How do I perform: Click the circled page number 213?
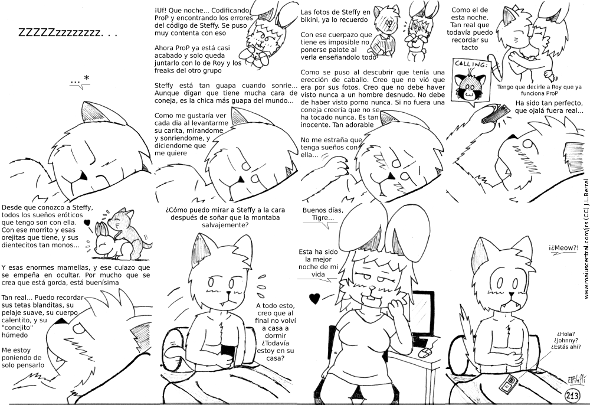click(572, 396)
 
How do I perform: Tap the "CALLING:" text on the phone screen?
click(471, 64)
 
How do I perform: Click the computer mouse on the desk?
click(425, 352)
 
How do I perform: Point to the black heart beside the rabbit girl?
click(314, 299)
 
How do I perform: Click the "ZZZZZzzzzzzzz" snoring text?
click(68, 33)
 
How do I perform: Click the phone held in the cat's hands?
click(228, 352)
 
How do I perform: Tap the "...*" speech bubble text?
click(80, 80)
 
